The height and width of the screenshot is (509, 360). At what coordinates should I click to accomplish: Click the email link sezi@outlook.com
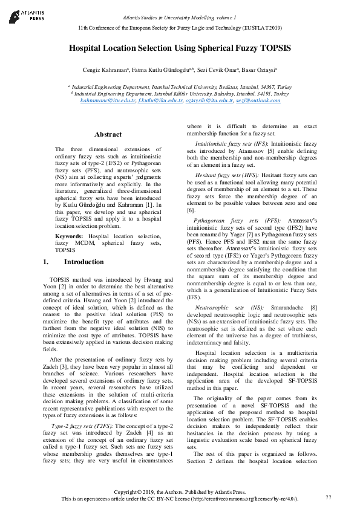258,100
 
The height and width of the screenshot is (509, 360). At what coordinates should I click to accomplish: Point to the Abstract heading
108,134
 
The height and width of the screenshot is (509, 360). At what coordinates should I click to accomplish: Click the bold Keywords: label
70,235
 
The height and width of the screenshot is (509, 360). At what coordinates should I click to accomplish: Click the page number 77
329,497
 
